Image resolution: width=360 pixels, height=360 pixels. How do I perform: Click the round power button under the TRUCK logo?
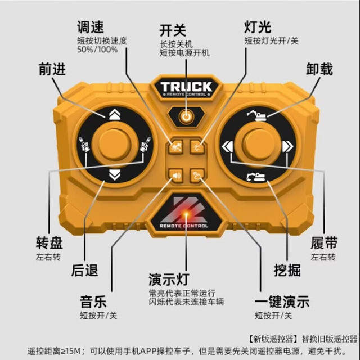186,117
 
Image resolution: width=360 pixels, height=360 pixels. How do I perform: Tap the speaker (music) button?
176,175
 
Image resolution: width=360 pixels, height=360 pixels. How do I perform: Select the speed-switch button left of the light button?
176,147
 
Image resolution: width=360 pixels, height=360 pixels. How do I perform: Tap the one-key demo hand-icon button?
197,175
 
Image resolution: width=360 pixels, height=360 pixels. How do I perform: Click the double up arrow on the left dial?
115,114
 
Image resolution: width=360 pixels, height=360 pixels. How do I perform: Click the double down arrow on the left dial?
115,175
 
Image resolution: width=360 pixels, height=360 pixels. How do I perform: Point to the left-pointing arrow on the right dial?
227,146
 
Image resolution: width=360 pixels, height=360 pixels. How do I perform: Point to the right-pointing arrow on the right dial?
287,146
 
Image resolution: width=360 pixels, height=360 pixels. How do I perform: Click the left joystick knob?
115,145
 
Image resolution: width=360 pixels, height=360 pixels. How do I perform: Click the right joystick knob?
258,145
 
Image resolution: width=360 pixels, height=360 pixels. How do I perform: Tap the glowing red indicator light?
186,214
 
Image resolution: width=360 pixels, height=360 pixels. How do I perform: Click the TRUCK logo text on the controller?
186,87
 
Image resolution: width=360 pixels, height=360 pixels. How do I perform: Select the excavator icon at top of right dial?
256,115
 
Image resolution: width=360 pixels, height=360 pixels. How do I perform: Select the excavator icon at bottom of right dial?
256,177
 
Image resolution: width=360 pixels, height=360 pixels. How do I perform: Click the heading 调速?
91,27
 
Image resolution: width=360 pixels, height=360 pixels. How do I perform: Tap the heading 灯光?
258,27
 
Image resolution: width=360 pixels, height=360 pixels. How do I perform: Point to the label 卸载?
319,69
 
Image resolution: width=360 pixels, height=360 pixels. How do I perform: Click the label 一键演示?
282,301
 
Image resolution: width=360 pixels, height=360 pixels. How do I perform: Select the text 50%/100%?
97,49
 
